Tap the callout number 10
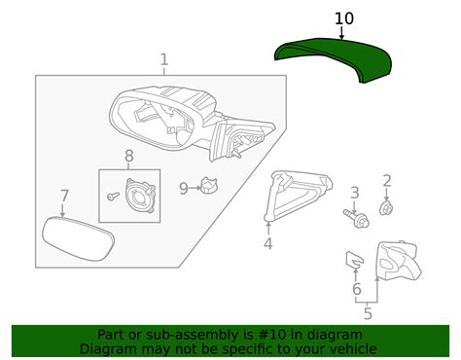click(x=344, y=18)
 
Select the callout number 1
click(x=163, y=59)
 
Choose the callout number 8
click(x=128, y=156)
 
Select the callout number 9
click(x=183, y=187)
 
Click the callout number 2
click(x=386, y=180)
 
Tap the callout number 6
click(x=356, y=289)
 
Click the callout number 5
click(x=367, y=313)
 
